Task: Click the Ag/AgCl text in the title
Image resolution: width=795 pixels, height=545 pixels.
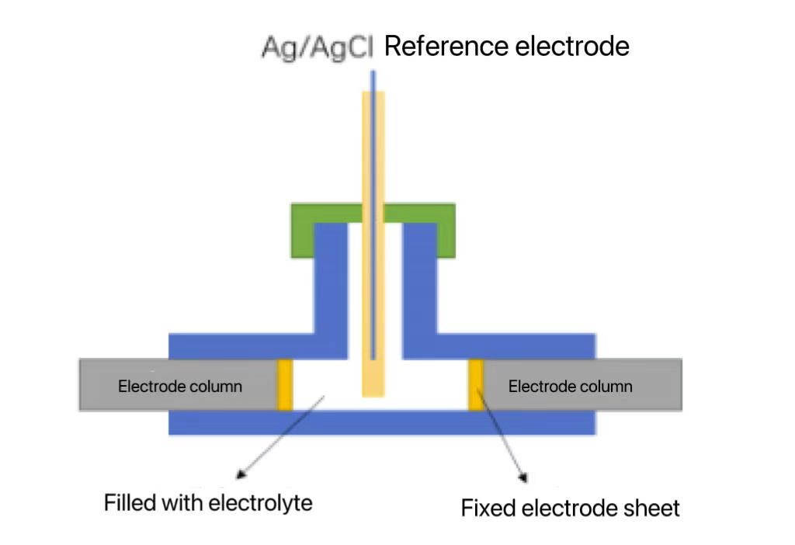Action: click(x=318, y=48)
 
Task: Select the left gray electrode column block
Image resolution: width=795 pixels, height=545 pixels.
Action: click(x=178, y=385)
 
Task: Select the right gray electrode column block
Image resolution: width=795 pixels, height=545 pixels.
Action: click(x=583, y=385)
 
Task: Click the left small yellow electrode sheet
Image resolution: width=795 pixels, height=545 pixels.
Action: click(x=285, y=384)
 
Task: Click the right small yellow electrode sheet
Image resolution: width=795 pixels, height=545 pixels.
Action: click(x=476, y=384)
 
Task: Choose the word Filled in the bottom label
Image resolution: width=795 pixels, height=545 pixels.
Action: click(x=130, y=503)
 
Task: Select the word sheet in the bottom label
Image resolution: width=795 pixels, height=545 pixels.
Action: click(x=654, y=509)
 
